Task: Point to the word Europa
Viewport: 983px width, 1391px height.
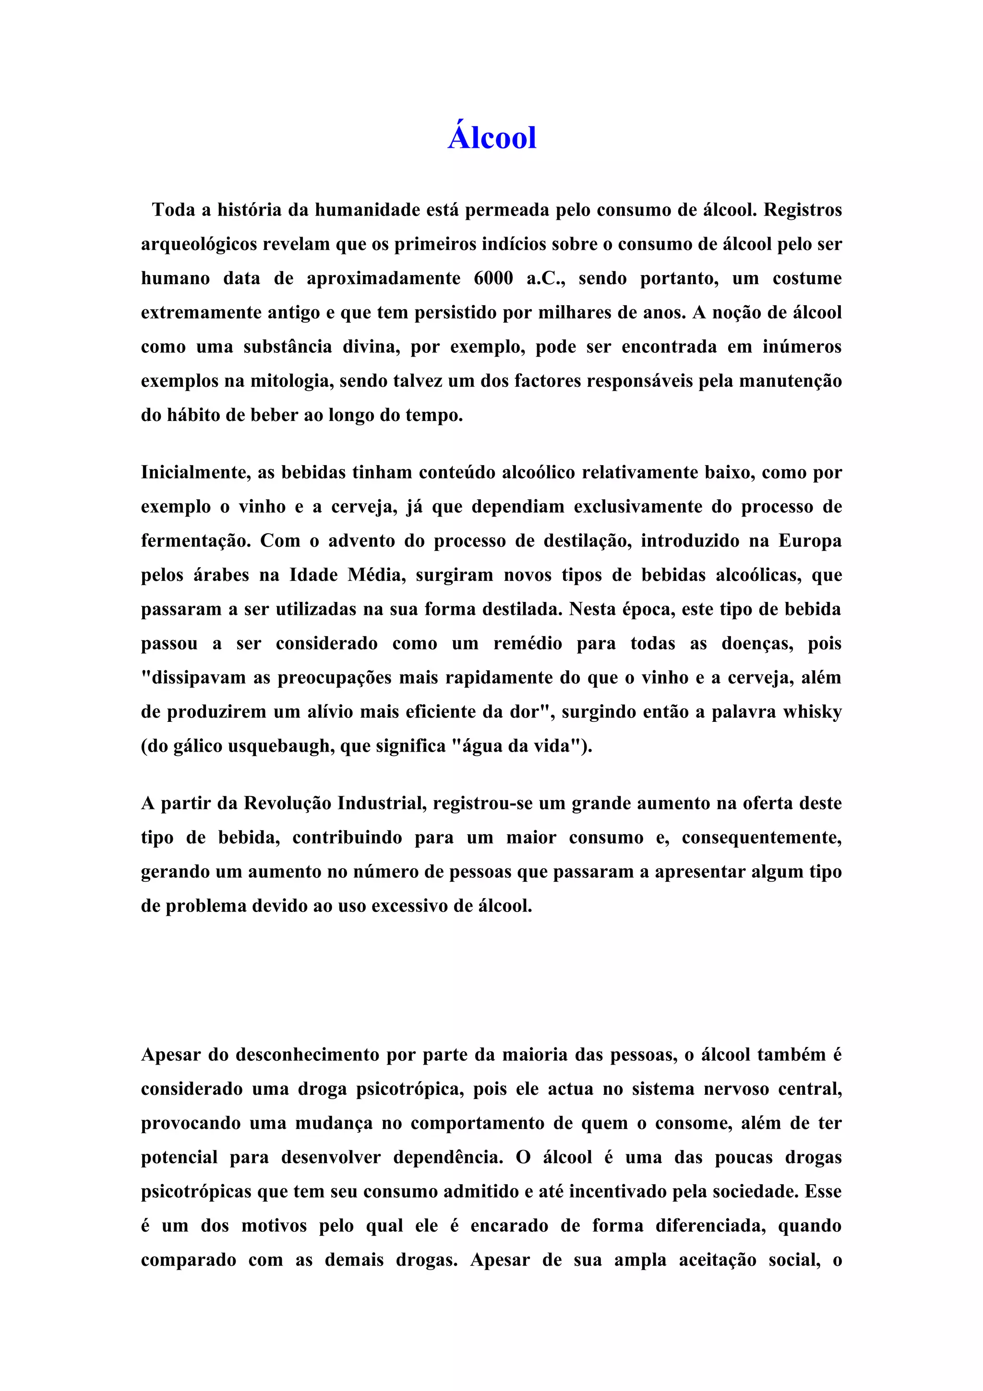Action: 810,540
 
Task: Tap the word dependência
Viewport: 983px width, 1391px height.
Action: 448,1157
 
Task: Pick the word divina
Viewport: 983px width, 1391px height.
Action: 369,347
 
